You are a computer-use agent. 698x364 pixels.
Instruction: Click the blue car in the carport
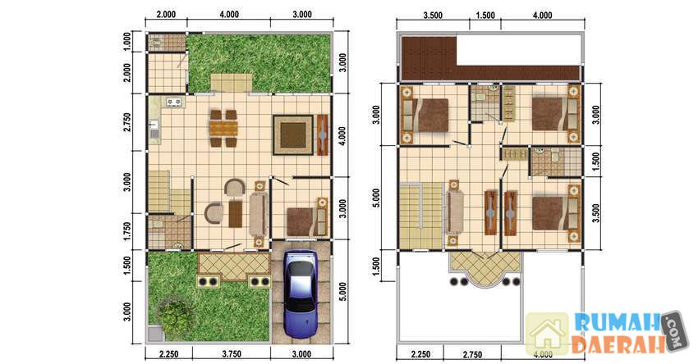[301, 294]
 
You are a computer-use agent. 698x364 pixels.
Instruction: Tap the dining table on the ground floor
[223, 128]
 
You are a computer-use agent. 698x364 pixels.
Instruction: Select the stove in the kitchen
[174, 102]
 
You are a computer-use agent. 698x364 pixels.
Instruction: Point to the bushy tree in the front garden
[177, 317]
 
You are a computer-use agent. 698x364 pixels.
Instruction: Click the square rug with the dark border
[293, 134]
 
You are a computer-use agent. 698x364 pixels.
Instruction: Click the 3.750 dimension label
[232, 354]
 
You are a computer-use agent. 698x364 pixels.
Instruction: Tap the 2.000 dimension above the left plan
[166, 15]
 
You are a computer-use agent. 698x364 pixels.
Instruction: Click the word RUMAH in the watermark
[616, 323]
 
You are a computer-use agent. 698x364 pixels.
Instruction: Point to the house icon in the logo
[547, 334]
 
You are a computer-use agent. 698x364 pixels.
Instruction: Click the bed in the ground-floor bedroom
[307, 221]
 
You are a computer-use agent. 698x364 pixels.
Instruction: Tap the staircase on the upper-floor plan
[420, 216]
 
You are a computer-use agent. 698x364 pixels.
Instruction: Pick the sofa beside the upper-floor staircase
[455, 212]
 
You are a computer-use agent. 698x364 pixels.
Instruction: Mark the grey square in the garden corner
[155, 334]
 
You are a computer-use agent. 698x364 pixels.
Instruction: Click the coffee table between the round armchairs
[236, 214]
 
